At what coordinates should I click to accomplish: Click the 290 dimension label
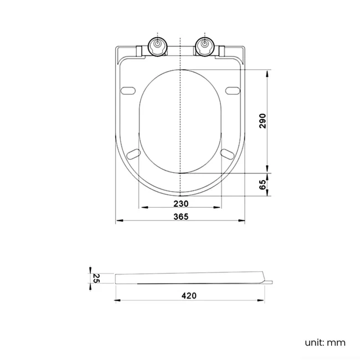[x=263, y=121]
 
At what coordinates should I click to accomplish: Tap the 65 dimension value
[x=263, y=184]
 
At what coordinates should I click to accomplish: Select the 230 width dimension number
[x=181, y=204]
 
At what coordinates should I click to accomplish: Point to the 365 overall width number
[x=181, y=217]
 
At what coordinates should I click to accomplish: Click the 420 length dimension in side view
[x=189, y=296]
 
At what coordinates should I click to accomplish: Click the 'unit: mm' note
[x=325, y=342]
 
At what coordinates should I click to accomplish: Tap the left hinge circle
[x=158, y=46]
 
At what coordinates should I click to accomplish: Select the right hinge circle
[x=204, y=46]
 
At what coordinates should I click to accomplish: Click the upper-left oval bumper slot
[x=128, y=90]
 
